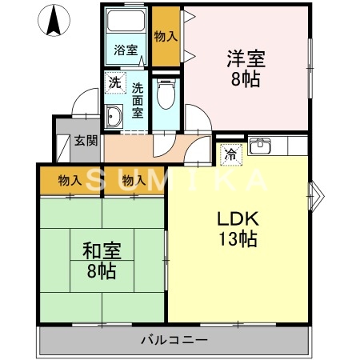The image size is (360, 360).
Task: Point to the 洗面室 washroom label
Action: (138, 100)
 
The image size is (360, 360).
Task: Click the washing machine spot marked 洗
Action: (114, 82)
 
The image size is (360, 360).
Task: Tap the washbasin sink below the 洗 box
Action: (113, 117)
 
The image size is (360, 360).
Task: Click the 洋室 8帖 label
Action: (246, 68)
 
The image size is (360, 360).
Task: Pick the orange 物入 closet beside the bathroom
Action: (166, 36)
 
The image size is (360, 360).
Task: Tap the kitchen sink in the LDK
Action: (260, 146)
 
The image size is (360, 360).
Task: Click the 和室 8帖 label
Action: (100, 261)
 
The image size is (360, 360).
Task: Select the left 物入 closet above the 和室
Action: (70, 181)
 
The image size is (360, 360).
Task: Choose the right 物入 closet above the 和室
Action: (134, 181)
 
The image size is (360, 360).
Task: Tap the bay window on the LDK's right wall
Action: (316, 192)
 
